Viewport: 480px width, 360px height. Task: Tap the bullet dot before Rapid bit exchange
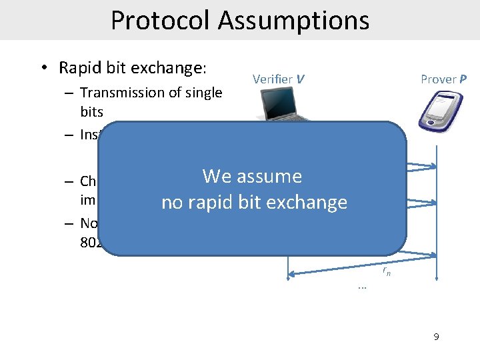[x=43, y=69]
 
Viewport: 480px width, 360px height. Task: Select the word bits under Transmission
[x=92, y=111]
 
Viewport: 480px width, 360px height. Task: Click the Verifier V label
[x=279, y=79]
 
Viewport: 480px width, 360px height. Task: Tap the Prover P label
[x=443, y=79]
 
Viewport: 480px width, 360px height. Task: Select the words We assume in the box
[x=252, y=176]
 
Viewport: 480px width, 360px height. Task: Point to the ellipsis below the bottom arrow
[x=362, y=287]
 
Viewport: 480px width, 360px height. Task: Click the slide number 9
[x=436, y=337]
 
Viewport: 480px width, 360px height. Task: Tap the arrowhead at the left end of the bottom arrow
[x=289, y=273]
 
